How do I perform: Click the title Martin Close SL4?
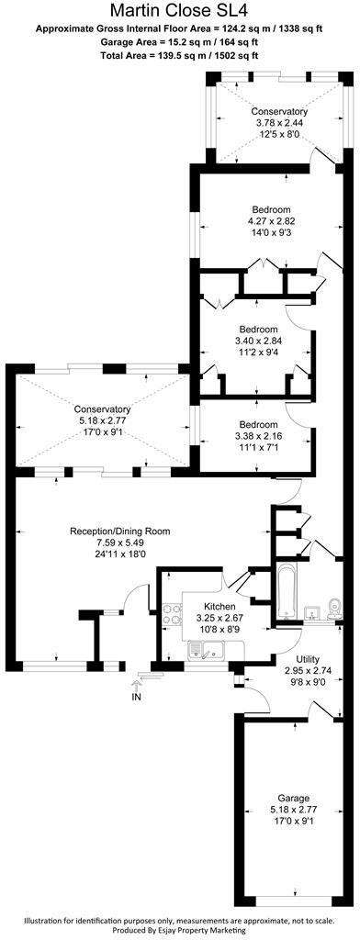179,11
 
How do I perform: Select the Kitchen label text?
219,608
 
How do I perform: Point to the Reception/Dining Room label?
120,531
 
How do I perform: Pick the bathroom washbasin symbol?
310,610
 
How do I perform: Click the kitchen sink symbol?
201,650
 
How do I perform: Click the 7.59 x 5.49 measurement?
120,543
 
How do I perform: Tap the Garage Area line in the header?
179,42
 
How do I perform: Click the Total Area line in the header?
179,56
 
